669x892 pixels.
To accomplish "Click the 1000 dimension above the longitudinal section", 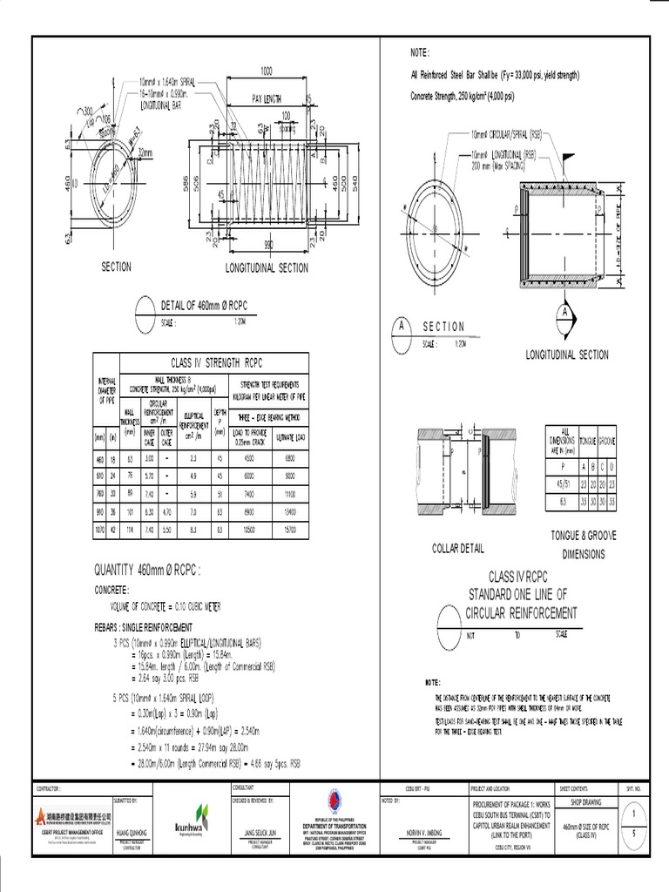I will [x=266, y=71].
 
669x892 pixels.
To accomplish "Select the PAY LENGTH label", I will [x=269, y=98].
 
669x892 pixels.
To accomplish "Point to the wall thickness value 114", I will [x=129, y=528].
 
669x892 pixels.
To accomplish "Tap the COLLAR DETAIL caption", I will [x=456, y=548].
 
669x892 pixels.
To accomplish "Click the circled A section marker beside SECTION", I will [x=402, y=326].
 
